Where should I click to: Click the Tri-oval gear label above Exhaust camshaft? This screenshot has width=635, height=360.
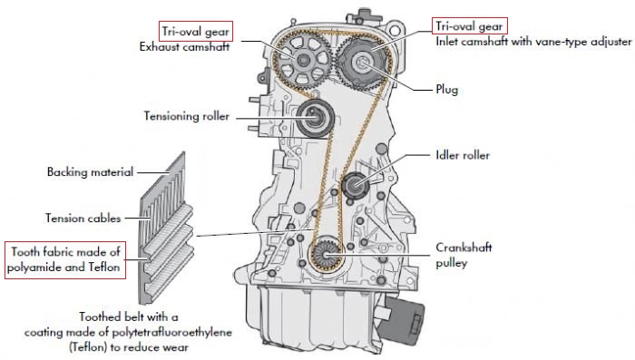196,32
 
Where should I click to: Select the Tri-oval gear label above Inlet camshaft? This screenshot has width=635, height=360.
469,26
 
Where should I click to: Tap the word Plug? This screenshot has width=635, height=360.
446,90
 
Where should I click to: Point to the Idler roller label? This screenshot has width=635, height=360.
463,155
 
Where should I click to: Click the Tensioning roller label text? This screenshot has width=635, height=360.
187,116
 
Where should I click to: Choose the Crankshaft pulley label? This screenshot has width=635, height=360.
464,255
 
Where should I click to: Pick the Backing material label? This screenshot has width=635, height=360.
90,171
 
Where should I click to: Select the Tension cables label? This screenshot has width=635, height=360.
83,219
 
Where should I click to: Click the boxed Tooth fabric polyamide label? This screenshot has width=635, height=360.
65,259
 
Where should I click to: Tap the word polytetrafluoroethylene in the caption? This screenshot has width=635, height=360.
171,333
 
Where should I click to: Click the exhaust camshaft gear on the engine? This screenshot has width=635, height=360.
302,61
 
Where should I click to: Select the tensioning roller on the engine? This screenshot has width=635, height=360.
315,118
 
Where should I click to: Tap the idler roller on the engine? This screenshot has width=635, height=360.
356,185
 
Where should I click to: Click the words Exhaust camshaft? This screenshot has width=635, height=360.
184,47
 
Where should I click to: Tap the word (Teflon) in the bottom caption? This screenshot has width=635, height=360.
87,347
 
